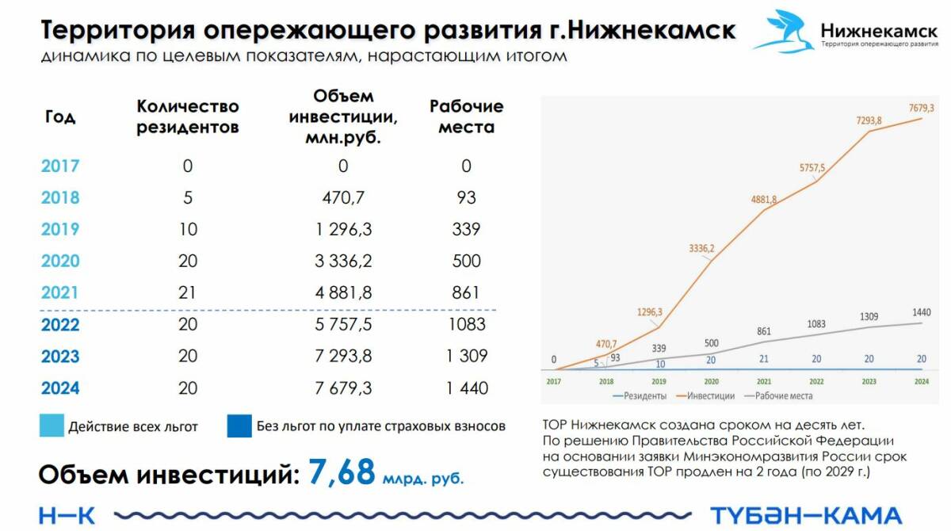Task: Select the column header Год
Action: click(x=60, y=117)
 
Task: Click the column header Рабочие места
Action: click(x=466, y=117)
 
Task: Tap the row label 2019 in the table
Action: click(x=60, y=230)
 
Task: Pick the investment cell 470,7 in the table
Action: click(x=342, y=198)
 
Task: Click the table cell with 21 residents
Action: click(x=188, y=293)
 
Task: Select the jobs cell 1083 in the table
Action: click(x=466, y=325)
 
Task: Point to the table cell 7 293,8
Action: click(x=342, y=357)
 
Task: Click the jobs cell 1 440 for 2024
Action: click(x=466, y=388)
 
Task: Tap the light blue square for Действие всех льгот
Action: click(x=51, y=426)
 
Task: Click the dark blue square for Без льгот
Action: click(x=238, y=426)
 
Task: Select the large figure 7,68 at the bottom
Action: click(x=341, y=472)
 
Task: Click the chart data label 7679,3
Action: click(x=921, y=108)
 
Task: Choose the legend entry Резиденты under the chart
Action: click(x=643, y=395)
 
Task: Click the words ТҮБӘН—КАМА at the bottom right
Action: click(x=805, y=515)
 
